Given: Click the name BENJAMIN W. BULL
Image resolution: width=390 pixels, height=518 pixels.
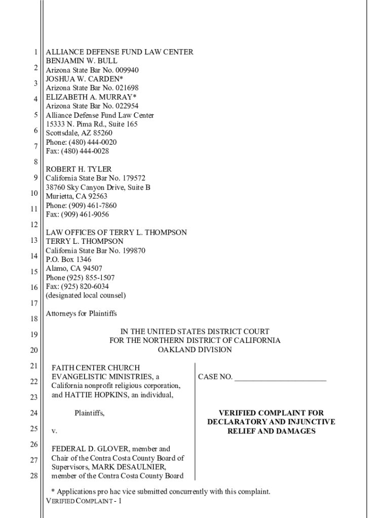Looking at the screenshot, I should click(x=82, y=61).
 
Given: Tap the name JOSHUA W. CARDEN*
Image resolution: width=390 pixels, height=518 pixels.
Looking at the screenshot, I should click(x=85, y=79).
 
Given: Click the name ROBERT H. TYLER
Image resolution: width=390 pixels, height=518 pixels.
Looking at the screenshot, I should click(x=79, y=169).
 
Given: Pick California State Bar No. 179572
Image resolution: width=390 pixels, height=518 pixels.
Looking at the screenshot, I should click(x=96, y=178).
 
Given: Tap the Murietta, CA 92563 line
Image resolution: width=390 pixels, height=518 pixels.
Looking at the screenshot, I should click(x=76, y=196).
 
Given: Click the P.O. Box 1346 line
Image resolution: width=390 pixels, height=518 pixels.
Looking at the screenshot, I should click(x=69, y=260).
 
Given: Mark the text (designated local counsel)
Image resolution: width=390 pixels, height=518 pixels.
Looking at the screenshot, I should click(x=86, y=295).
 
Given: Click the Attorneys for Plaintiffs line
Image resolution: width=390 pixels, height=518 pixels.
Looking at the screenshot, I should click(x=81, y=314).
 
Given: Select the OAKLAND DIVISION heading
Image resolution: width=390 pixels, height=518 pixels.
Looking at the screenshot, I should click(x=195, y=350).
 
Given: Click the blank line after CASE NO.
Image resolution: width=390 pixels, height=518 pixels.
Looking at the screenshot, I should click(x=280, y=377).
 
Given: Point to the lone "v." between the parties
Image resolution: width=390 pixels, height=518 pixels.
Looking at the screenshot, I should click(x=55, y=431).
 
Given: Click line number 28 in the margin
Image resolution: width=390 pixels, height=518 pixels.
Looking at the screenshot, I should click(x=34, y=476).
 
